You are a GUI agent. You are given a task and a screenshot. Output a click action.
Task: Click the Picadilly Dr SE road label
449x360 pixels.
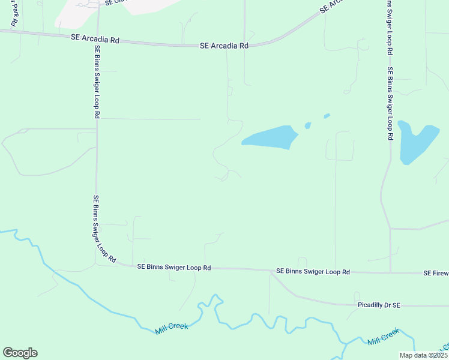pos(376,305)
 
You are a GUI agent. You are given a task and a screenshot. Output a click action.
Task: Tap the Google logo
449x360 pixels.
pos(20,353)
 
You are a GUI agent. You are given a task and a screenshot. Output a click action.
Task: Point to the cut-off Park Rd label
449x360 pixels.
pos(13,13)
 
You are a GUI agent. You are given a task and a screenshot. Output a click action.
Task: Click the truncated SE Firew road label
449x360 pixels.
pos(436,273)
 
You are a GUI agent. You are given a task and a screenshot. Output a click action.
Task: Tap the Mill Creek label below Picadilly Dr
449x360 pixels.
pos(383,337)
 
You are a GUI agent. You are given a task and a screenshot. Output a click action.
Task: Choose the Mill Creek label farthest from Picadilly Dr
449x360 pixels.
pos(172,327)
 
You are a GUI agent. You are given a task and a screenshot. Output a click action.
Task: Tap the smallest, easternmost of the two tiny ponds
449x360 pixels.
pos(327,116)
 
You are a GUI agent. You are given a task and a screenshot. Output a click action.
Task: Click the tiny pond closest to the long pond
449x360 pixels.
pos(308,125)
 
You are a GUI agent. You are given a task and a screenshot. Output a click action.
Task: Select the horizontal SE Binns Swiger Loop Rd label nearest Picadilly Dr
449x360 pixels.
pos(313,272)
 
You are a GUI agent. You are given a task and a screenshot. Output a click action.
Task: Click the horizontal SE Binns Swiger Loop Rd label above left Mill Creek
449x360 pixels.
pos(174,267)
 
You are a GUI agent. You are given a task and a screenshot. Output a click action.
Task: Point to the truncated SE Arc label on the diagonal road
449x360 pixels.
pos(334,7)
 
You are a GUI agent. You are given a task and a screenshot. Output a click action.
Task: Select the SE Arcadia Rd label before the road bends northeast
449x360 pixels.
pos(224,46)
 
